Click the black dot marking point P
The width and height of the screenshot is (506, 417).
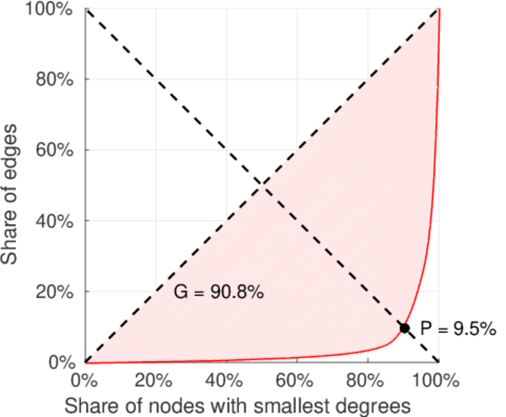coord(405,328)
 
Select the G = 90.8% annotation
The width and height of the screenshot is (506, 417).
coord(218,293)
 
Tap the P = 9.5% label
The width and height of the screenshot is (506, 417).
coord(458,329)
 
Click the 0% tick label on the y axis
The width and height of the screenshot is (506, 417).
coord(61,362)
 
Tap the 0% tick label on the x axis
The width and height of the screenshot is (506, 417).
coord(85,381)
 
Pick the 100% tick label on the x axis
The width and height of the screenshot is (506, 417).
coord(437,381)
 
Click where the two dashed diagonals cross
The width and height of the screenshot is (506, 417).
coord(262,184)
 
